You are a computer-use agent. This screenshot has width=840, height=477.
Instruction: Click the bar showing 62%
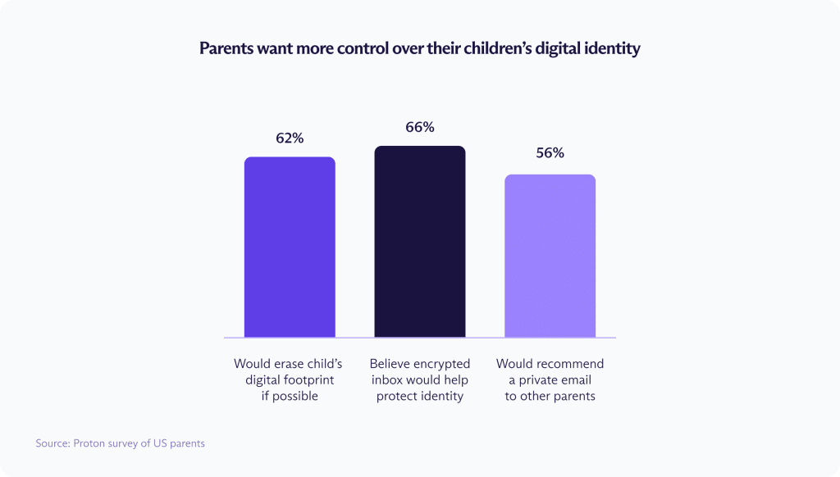(290, 247)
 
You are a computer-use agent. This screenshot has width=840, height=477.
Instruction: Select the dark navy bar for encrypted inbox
(420, 242)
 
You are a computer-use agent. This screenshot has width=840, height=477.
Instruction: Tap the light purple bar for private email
(550, 256)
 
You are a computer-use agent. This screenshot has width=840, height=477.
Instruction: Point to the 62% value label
(290, 139)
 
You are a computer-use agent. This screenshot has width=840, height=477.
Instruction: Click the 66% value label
(420, 128)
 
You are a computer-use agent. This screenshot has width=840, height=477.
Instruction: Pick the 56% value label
(550, 153)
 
